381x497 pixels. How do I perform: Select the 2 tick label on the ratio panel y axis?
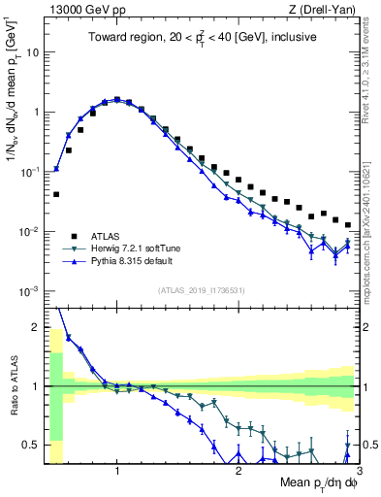[35, 326]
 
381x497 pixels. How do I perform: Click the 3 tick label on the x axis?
[358, 472]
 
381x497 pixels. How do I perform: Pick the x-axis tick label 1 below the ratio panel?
[117, 472]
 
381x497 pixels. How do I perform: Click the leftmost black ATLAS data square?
[56, 194]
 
